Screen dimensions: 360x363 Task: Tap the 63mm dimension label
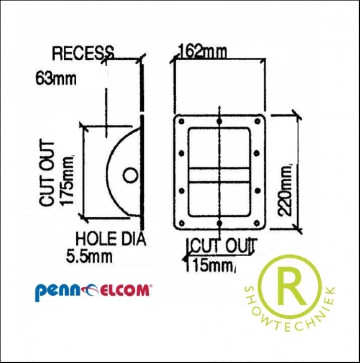click(x=56, y=79)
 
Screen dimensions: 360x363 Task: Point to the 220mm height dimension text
click(x=285, y=190)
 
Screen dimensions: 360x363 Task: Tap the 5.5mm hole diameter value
click(x=89, y=257)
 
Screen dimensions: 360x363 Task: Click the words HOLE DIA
click(x=111, y=239)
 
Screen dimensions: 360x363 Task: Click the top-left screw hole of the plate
click(x=182, y=121)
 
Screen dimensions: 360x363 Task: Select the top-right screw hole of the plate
click(x=257, y=121)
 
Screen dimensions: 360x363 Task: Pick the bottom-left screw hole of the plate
click(x=182, y=223)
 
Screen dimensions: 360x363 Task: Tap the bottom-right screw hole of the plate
click(x=257, y=223)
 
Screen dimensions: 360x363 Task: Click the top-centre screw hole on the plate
click(x=220, y=121)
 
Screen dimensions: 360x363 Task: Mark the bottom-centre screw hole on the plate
click(x=220, y=223)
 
